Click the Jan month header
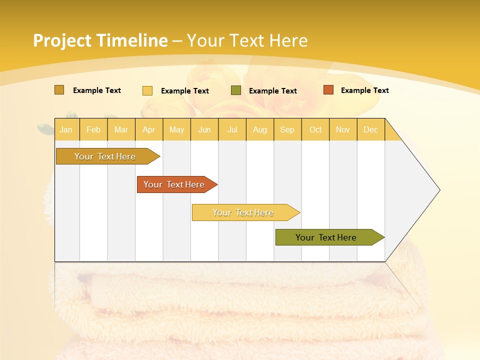pyautogui.click(x=66, y=130)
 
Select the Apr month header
pyautogui.click(x=148, y=130)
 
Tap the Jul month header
pyautogui.click(x=232, y=130)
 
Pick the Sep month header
pyautogui.click(x=287, y=130)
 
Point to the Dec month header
pyautogui.click(x=370, y=130)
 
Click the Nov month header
pyautogui.click(x=342, y=130)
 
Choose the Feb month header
pyautogui.click(x=93, y=130)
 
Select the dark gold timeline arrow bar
pyautogui.click(x=105, y=156)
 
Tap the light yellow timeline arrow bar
pyautogui.click(x=243, y=212)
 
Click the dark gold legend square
pyautogui.click(x=59, y=90)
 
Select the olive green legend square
pyautogui.click(x=236, y=90)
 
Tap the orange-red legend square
pyautogui.click(x=328, y=90)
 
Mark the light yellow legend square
pyautogui.click(x=147, y=90)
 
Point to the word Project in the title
pyautogui.click(x=62, y=40)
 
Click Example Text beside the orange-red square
pyautogui.click(x=364, y=90)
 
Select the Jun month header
pyautogui.click(x=204, y=130)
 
